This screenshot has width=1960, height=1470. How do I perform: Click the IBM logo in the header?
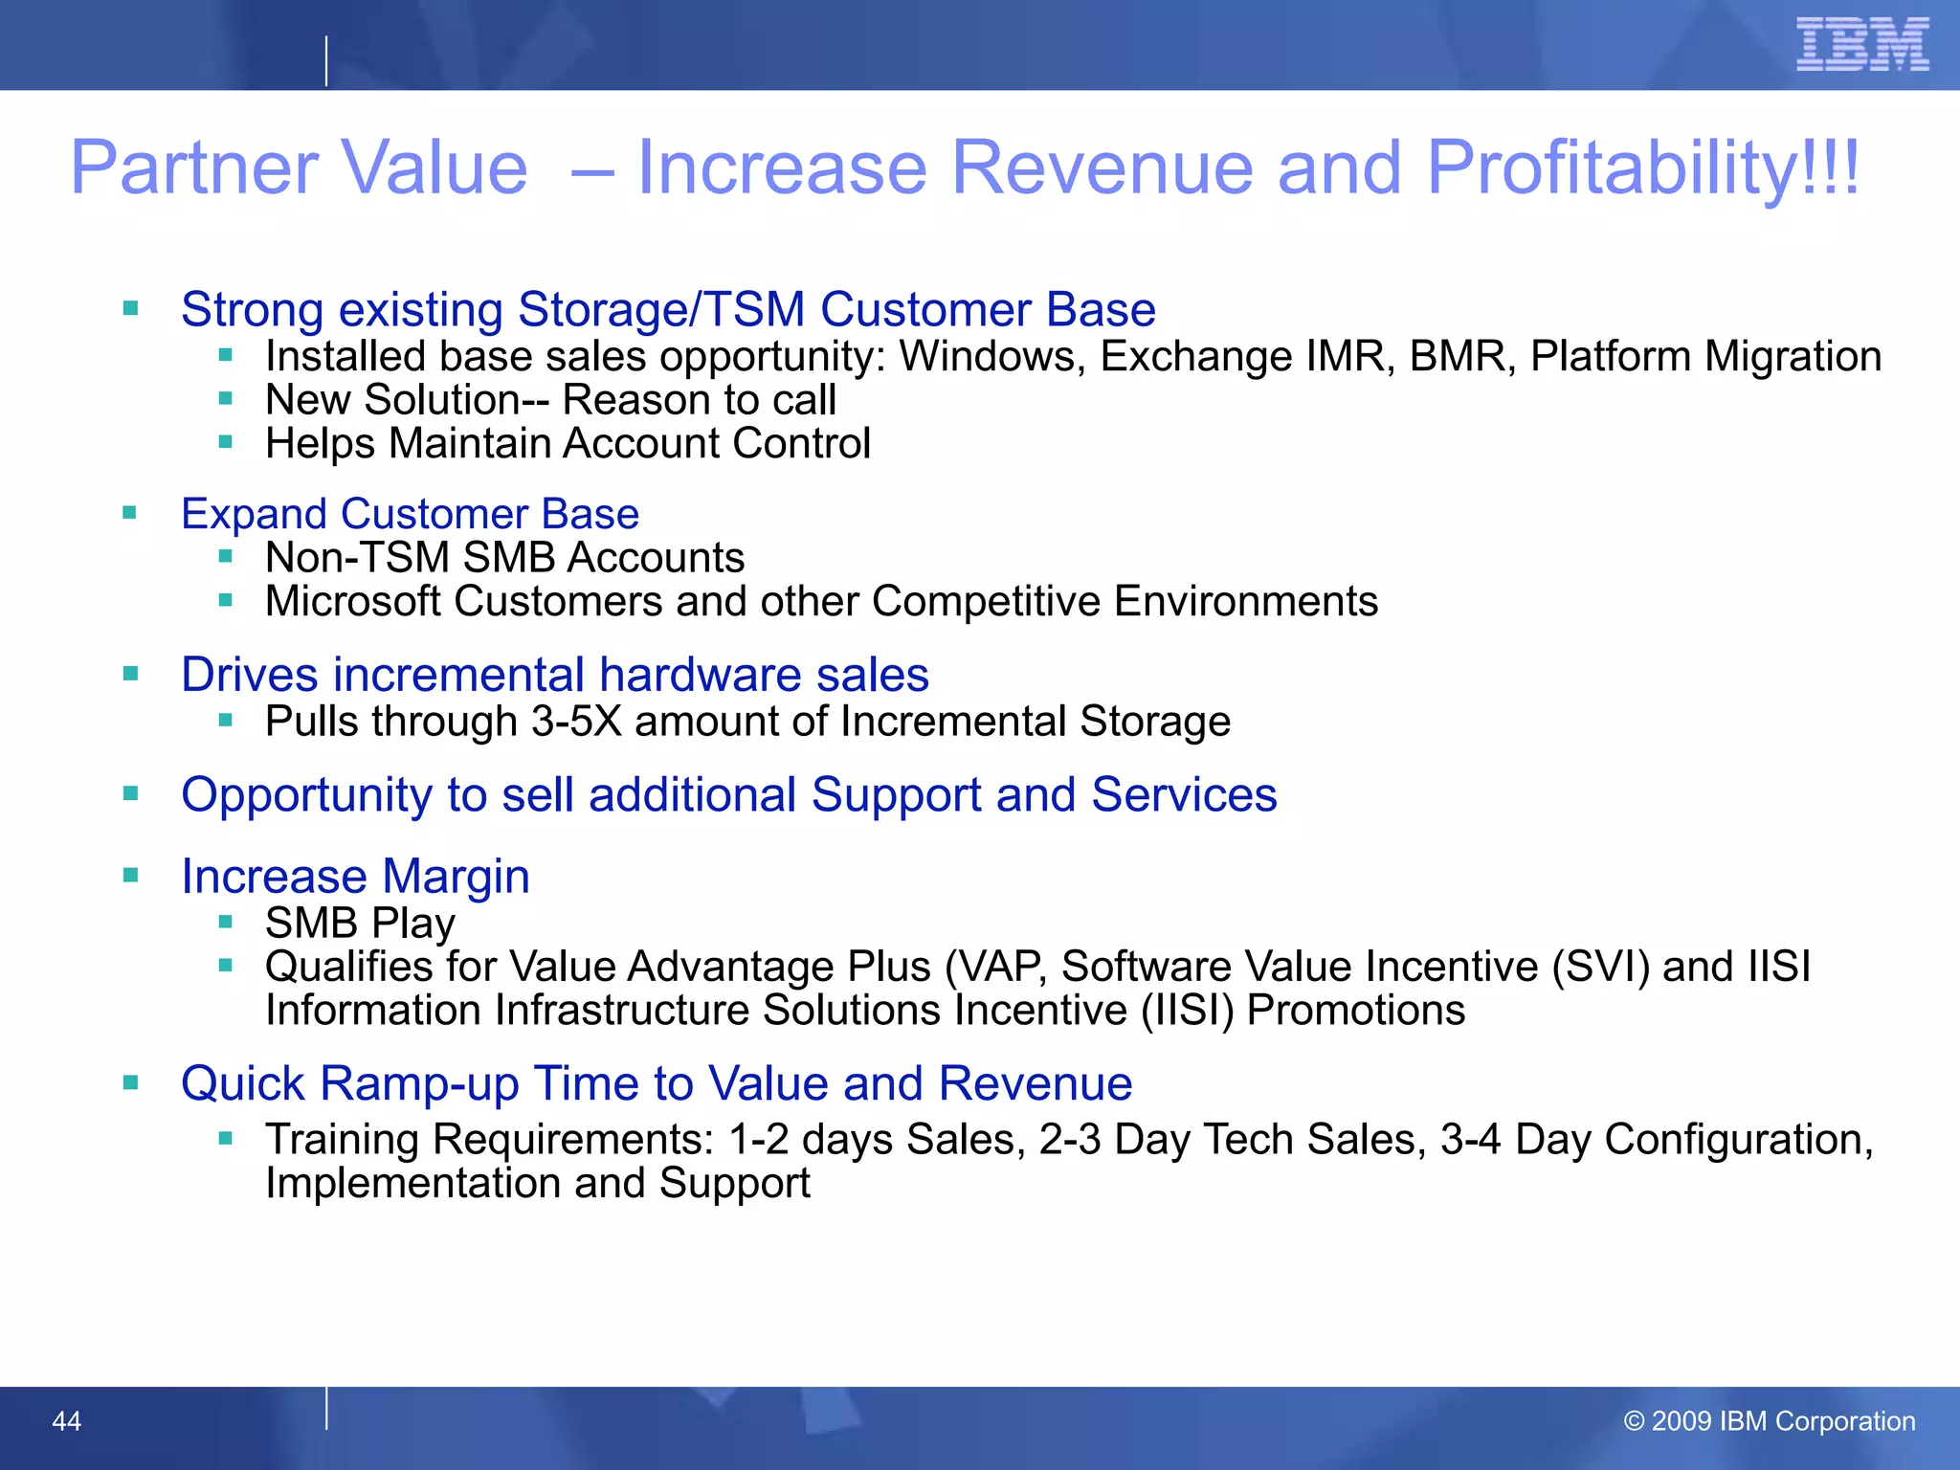[x=1861, y=44]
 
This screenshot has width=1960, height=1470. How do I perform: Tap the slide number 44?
[x=66, y=1421]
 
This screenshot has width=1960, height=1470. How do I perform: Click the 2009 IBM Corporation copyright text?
[x=1770, y=1421]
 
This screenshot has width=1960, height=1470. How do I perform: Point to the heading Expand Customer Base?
[x=410, y=514]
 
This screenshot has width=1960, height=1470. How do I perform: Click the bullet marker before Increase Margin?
[x=131, y=875]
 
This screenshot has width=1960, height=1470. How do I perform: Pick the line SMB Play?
[x=360, y=924]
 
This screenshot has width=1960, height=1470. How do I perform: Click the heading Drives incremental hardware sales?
[x=554, y=675]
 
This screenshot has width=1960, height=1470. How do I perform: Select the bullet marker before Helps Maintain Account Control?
[x=226, y=442]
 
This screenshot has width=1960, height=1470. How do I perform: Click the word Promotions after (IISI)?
[x=1355, y=1011]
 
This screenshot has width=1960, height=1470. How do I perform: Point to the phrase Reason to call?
[x=699, y=400]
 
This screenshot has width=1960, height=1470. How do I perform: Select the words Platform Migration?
[x=1705, y=356]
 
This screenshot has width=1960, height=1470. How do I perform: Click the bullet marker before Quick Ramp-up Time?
[x=131, y=1082]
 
